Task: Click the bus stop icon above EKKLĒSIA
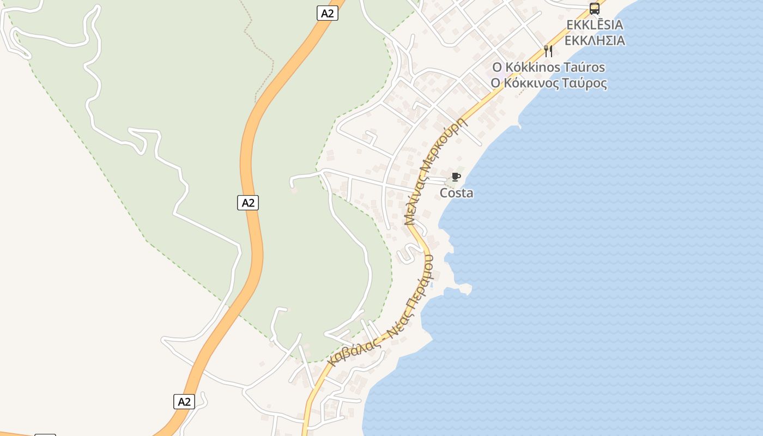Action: click(x=594, y=9)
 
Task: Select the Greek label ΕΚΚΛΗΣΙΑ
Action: click(x=595, y=41)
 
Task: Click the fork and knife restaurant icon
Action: click(x=548, y=51)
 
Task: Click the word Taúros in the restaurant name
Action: click(x=584, y=68)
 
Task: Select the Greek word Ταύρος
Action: click(x=585, y=83)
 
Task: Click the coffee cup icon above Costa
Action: click(x=456, y=177)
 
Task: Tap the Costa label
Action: click(x=457, y=193)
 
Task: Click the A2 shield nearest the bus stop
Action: click(x=327, y=13)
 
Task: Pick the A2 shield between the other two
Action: click(x=248, y=203)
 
